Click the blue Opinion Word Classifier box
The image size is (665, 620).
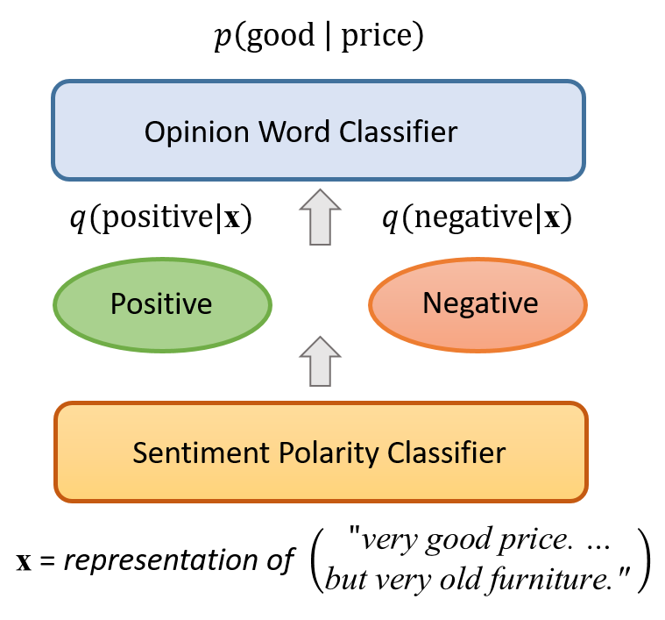(x=319, y=131)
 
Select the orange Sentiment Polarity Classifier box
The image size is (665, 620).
(x=321, y=452)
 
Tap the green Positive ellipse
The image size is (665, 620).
(x=162, y=304)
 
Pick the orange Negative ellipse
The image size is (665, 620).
(x=478, y=304)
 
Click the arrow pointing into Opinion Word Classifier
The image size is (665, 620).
(x=320, y=217)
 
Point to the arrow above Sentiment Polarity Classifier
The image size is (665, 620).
(x=320, y=361)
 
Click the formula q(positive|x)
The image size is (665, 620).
(x=161, y=217)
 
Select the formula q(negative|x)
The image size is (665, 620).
(x=478, y=217)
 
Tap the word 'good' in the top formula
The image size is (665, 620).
(x=279, y=36)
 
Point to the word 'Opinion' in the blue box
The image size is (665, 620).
(x=196, y=132)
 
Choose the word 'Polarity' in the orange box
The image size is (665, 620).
(x=329, y=454)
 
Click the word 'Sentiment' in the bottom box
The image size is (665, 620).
(x=202, y=453)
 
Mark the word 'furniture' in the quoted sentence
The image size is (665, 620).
(x=550, y=580)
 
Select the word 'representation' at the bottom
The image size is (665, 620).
(x=161, y=561)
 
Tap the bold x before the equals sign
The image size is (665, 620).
(x=24, y=562)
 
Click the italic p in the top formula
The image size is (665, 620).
(x=223, y=38)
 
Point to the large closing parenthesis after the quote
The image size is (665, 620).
(x=643, y=559)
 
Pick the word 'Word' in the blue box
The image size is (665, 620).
(x=294, y=132)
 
